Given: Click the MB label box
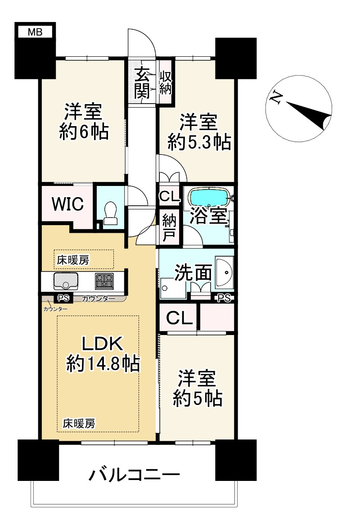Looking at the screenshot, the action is click(35, 32).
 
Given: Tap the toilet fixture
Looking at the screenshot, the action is click(110, 213).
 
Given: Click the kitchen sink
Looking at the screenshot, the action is click(66, 281).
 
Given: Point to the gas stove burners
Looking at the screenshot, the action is click(104, 281).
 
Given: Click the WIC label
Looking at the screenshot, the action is click(67, 204).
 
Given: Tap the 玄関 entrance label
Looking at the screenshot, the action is click(142, 83).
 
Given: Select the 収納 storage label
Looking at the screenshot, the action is click(166, 82).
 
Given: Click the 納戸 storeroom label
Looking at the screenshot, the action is click(169, 228).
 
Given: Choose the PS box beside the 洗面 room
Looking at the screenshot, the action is click(225, 298).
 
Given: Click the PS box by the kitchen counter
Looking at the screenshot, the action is click(63, 298).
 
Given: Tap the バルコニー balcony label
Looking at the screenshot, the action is click(134, 475).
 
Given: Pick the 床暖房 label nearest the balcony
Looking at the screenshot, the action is click(79, 424).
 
